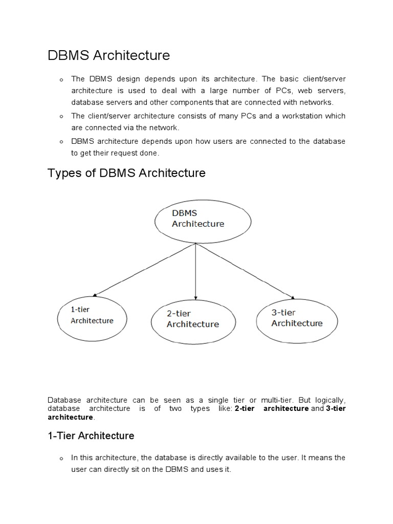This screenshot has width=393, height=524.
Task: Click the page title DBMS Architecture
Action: (108, 55)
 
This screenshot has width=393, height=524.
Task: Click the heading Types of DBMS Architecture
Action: (126, 173)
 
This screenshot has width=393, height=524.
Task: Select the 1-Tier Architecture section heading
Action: (91, 435)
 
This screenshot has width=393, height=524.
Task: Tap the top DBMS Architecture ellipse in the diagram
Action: (203, 219)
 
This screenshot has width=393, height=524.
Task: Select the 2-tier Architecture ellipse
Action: (193, 320)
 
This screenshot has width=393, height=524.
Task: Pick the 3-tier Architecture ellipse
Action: (297, 318)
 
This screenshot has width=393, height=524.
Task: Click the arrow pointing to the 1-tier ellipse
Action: (143, 269)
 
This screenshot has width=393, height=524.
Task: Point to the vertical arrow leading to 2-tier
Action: (195, 271)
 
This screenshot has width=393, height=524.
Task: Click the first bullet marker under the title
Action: (60, 80)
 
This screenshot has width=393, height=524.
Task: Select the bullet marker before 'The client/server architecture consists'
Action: (60, 117)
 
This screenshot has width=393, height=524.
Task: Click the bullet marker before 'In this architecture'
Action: (60, 458)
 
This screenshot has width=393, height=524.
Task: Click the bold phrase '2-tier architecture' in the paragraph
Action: (271, 408)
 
